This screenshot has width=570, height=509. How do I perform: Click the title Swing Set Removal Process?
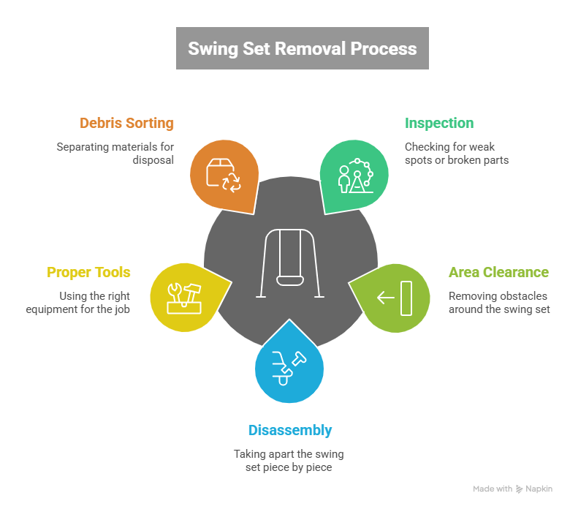pos(303,49)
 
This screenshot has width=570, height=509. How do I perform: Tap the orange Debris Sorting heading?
pos(127,123)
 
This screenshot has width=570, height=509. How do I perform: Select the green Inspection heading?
pos(439,123)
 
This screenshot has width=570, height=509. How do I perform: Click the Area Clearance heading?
pos(498,272)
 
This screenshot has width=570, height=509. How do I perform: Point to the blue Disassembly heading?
pos(290,430)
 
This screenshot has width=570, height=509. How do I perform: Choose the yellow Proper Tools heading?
pos(89,272)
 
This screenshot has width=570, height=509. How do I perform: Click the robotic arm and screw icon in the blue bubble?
pos(290,366)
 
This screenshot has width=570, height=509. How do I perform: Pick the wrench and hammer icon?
pos(183,295)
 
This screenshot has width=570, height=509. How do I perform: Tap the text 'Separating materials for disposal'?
pos(115,153)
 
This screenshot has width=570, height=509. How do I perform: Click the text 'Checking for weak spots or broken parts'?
pos(457,153)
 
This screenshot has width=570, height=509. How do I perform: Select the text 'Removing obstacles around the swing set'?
pos(498,302)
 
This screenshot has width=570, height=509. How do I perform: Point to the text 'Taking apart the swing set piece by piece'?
pos(289,460)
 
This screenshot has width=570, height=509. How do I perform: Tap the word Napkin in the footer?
pos(539,489)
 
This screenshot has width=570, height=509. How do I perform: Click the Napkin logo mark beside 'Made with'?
pos(520,489)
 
